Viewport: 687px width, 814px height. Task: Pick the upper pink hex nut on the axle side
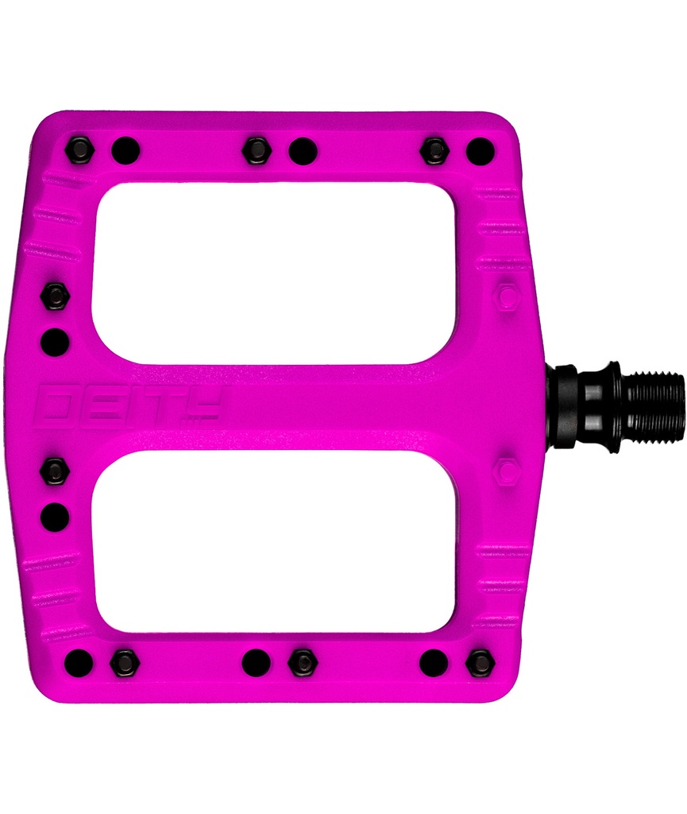[x=506, y=297]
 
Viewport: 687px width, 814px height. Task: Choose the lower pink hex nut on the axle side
[x=506, y=471]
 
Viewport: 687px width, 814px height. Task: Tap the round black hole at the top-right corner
[x=480, y=150]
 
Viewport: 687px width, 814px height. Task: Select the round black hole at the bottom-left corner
[x=79, y=661]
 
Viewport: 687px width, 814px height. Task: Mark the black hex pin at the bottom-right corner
[x=480, y=662]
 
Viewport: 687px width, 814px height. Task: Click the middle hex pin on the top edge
[x=257, y=149]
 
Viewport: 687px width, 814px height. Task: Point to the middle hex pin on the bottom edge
[x=303, y=662]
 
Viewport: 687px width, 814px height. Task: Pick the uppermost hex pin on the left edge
[x=55, y=297]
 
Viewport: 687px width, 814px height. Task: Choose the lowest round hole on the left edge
[x=55, y=517]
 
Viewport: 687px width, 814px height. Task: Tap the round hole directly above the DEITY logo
[x=55, y=343]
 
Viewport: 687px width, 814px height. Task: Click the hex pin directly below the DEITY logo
[x=55, y=471]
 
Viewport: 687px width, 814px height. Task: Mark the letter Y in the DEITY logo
[x=203, y=406]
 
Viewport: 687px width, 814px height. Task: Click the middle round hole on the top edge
[x=303, y=150]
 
